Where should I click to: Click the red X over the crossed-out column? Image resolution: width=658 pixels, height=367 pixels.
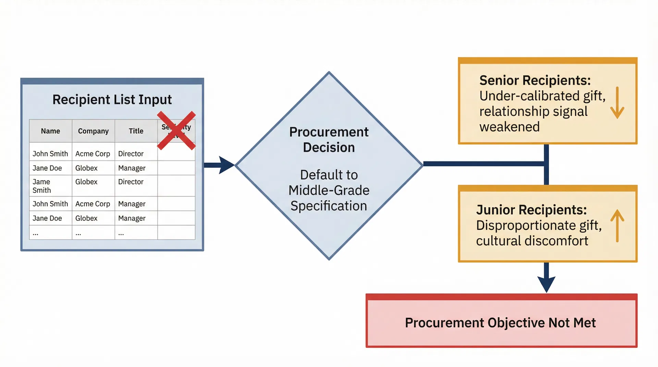pyautogui.click(x=176, y=130)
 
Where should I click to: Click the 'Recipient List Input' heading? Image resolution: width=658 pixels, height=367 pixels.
pyautogui.click(x=112, y=100)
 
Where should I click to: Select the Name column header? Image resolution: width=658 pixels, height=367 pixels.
pyautogui.click(x=50, y=131)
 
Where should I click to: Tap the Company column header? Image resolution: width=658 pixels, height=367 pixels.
pyautogui.click(x=93, y=131)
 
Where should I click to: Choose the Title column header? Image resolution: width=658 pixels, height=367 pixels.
pyautogui.click(x=136, y=131)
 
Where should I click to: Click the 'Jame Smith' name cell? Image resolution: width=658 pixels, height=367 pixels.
pyautogui.click(x=42, y=186)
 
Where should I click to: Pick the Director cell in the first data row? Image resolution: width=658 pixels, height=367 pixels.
pyautogui.click(x=131, y=154)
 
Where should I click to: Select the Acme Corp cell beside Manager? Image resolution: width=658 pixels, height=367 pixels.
pyautogui.click(x=93, y=204)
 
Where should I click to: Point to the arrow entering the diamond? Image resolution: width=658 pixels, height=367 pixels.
pyautogui.click(x=224, y=165)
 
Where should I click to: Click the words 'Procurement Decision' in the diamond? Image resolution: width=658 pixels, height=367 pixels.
pyautogui.click(x=329, y=140)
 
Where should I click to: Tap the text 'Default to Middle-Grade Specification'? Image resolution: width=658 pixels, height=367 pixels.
pyautogui.click(x=329, y=190)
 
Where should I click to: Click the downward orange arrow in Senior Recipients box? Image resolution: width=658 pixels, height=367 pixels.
pyautogui.click(x=617, y=103)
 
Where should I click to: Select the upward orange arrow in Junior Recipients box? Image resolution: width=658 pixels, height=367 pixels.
pyautogui.click(x=617, y=226)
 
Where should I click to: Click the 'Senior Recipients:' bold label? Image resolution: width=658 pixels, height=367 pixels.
pyautogui.click(x=535, y=80)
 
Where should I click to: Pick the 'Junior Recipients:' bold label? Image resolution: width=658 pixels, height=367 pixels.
pyautogui.click(x=531, y=210)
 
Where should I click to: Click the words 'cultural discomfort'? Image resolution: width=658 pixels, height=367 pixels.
pyautogui.click(x=532, y=241)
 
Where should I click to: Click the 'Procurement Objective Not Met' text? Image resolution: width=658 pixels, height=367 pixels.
pyautogui.click(x=500, y=323)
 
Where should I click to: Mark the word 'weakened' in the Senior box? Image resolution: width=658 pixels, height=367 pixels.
pyautogui.click(x=509, y=127)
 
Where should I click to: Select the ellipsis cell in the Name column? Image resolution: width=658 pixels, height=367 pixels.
pyautogui.click(x=36, y=233)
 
